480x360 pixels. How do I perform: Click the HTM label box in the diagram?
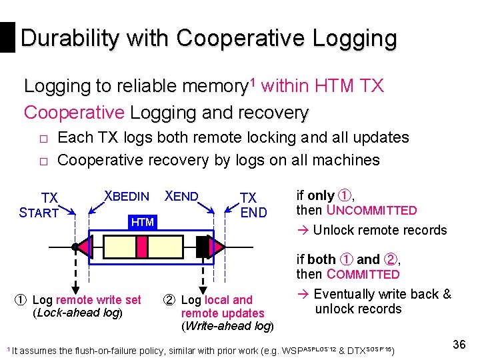pos(142,221)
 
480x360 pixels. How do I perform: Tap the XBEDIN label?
pos(127,196)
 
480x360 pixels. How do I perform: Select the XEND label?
pos(181,196)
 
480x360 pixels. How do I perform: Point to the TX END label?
pos(253,205)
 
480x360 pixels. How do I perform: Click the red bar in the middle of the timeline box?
pos(141,247)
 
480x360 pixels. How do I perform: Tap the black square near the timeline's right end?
pos(203,247)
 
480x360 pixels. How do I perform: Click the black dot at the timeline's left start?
pos(74,247)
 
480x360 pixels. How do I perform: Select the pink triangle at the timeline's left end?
pos(83,247)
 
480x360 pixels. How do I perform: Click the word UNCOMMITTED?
pos(371,211)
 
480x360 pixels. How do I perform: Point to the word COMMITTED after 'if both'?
pos(363,275)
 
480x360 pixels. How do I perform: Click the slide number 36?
pos(459,345)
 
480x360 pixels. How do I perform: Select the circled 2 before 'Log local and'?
pos(170,300)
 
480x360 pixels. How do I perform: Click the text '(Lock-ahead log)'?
pos(77,313)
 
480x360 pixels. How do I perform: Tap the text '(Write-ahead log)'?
pos(227,326)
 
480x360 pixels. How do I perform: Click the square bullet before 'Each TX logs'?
pos(41,139)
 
